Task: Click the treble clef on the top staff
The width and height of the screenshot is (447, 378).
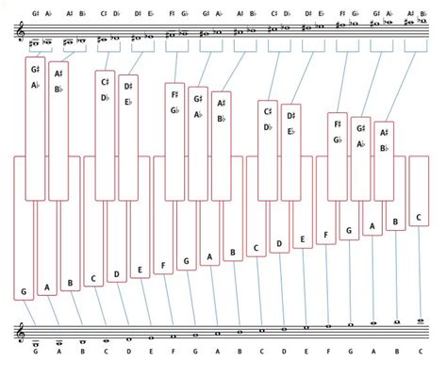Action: pos(15,34)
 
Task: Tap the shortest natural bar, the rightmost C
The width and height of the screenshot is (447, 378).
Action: pos(420,189)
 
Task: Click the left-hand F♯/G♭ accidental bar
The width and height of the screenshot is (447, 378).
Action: pos(174,141)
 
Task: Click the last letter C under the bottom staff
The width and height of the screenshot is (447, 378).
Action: pos(420,354)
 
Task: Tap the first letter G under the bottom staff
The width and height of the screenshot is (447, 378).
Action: pos(35,354)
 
